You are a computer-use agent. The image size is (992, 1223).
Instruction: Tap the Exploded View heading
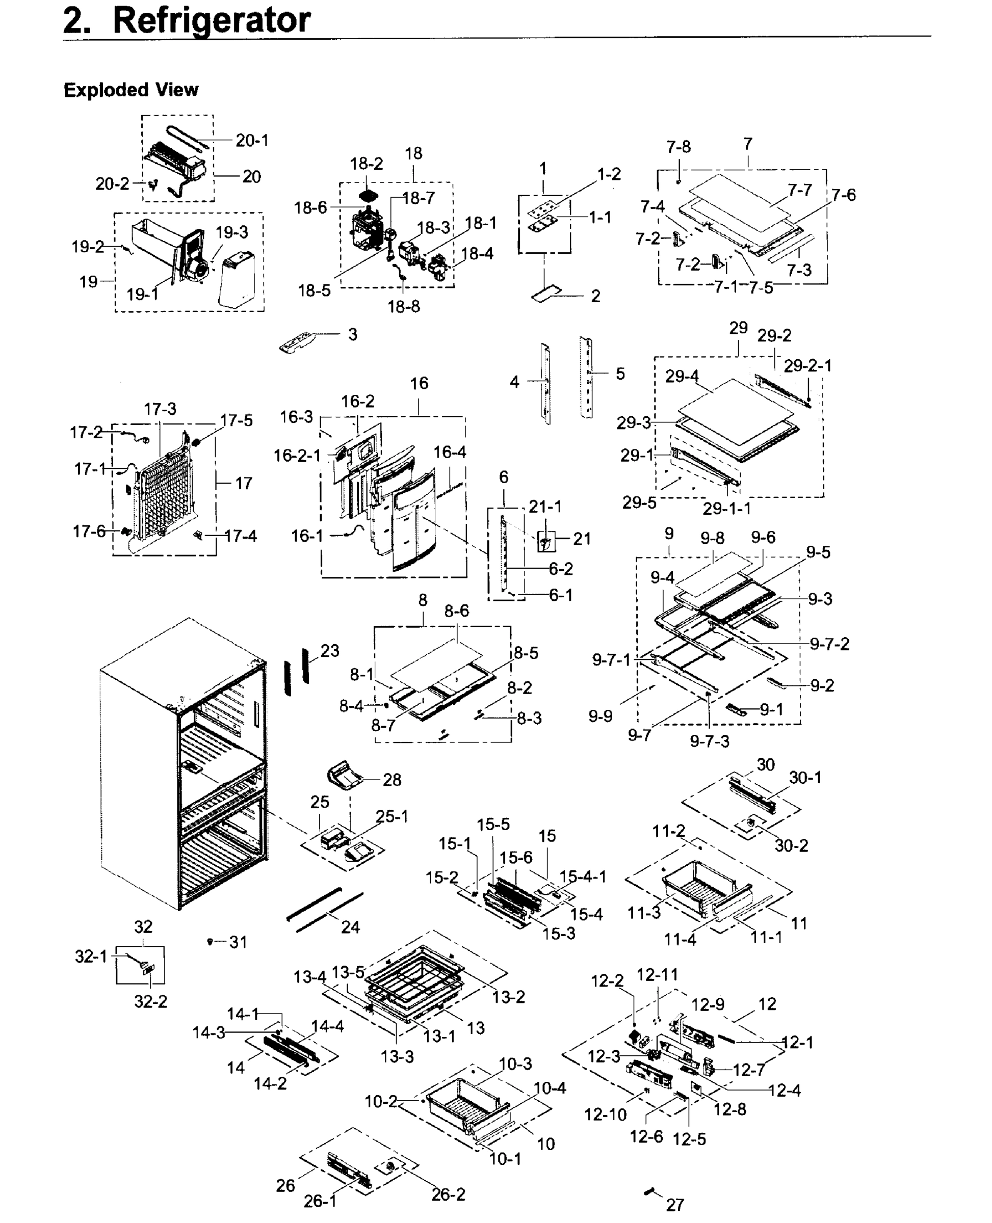[x=131, y=90]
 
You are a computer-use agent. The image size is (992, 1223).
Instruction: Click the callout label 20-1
[x=252, y=141]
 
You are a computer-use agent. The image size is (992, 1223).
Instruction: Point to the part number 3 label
[x=353, y=334]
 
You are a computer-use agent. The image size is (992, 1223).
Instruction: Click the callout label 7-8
[x=678, y=147]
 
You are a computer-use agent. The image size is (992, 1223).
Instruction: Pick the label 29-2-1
[x=807, y=365]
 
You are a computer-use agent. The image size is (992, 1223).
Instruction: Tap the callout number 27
[x=675, y=1205]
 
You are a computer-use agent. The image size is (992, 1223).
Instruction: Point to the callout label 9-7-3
[x=709, y=741]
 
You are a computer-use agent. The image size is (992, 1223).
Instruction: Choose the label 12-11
[x=657, y=974]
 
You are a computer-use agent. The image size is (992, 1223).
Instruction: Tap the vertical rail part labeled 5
[x=587, y=377]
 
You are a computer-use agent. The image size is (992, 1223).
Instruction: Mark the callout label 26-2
[x=448, y=1194]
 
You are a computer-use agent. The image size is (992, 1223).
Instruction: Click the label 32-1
[x=91, y=956]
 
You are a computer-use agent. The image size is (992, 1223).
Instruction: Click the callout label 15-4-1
[x=582, y=876]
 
